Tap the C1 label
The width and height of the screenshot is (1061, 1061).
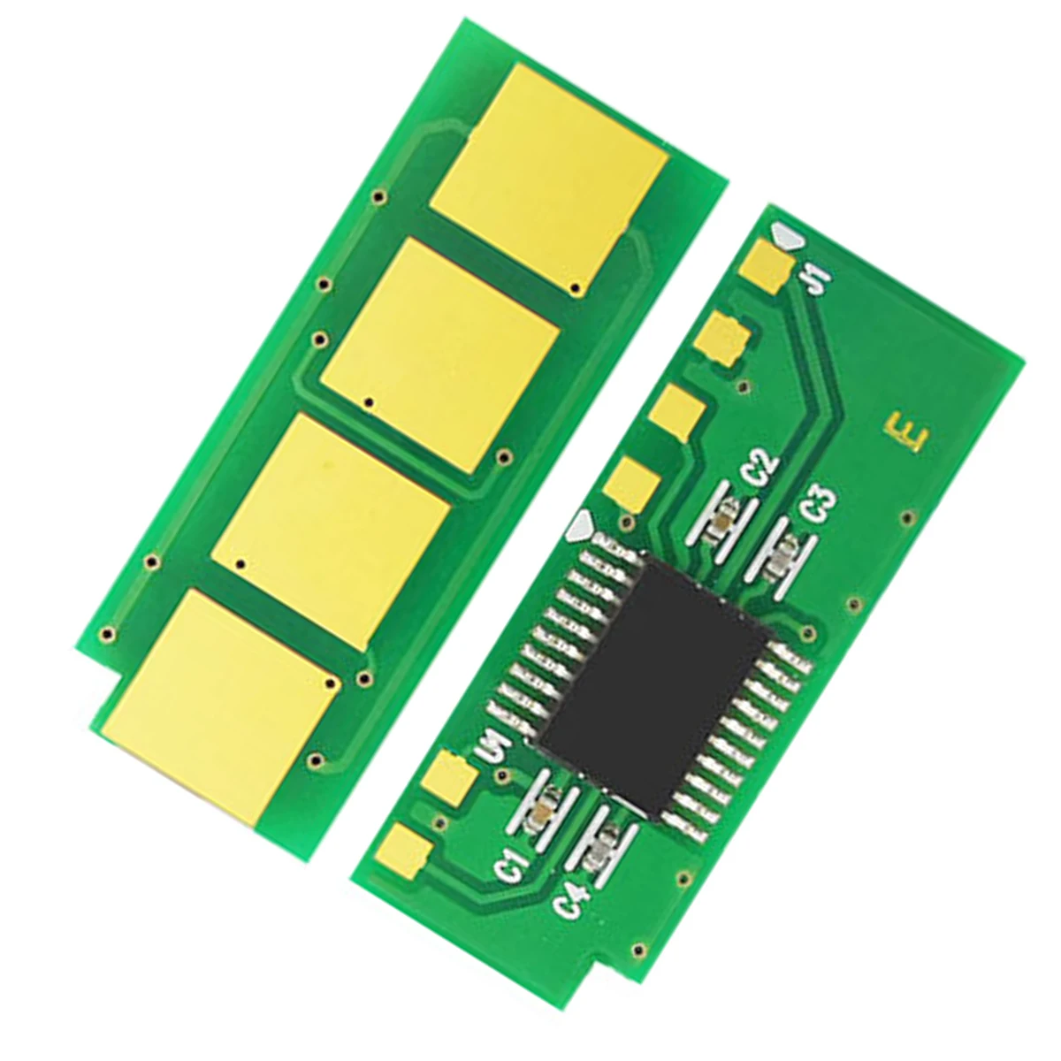[x=514, y=864]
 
